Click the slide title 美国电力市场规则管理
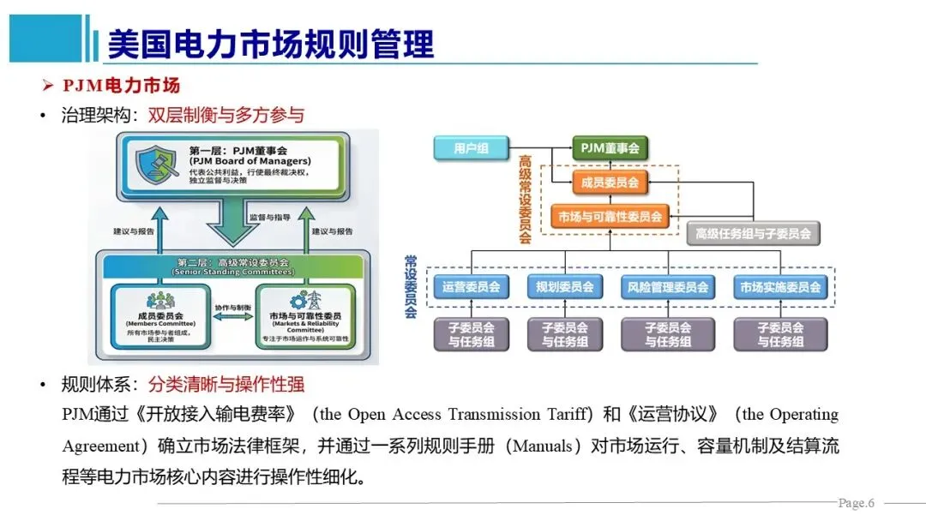point(270,44)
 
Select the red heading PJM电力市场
point(121,86)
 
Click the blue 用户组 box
point(471,148)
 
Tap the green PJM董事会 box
point(610,148)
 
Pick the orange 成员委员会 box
point(610,183)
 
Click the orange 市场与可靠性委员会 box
point(610,217)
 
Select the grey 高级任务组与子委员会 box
point(754,233)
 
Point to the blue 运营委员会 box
point(471,287)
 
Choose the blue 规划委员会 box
point(564,287)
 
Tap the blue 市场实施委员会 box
point(780,287)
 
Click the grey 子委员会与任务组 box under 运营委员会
point(471,334)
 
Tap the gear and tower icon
point(305,300)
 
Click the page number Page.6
point(856,502)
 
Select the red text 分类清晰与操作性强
point(225,385)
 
